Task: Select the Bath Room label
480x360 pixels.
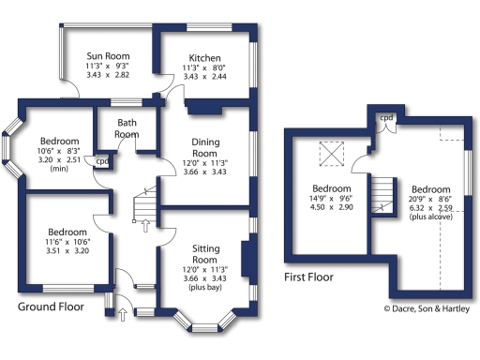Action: [x=127, y=128]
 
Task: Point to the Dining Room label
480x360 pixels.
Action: [x=204, y=146]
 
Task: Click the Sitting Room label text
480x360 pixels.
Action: [x=204, y=251]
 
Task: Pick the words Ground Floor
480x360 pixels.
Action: [x=53, y=307]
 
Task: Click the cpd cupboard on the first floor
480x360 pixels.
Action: [x=385, y=119]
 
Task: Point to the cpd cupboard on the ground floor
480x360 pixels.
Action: [x=102, y=161]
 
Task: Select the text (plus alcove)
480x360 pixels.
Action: [x=431, y=217]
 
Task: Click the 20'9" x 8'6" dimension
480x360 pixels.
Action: [x=431, y=198]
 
